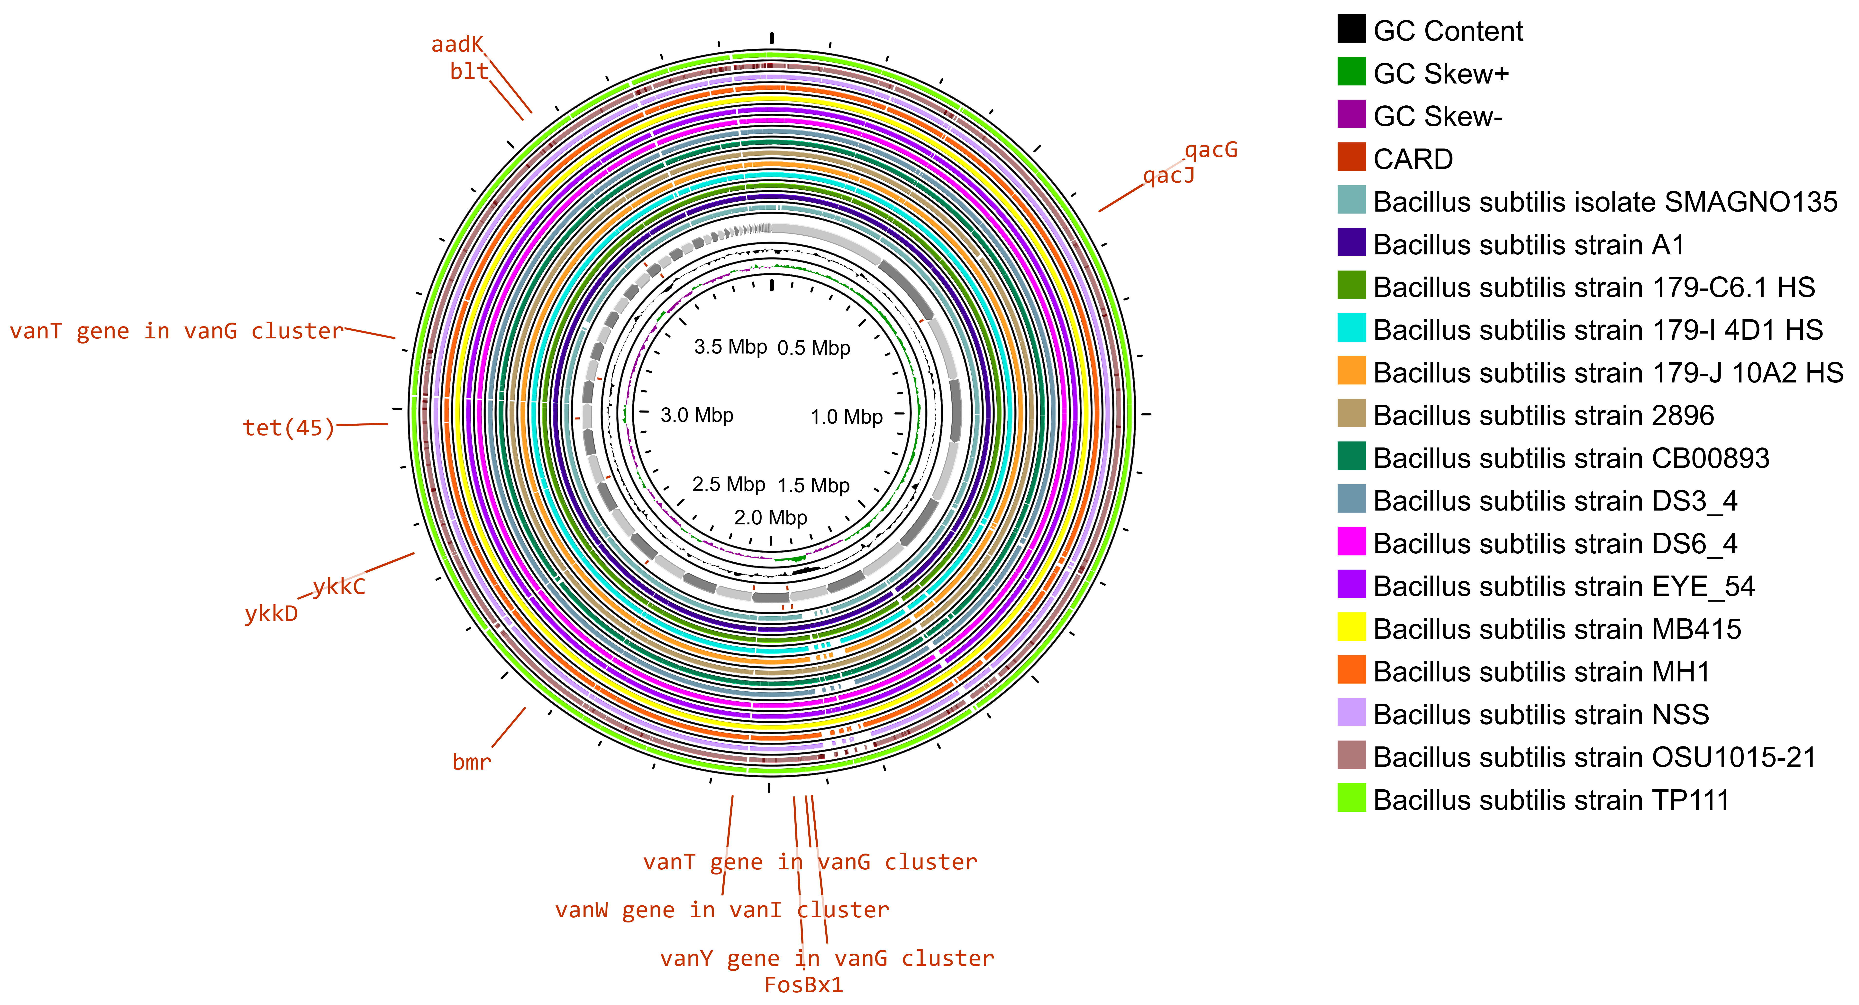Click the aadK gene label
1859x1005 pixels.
(x=457, y=45)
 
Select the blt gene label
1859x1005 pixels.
(x=469, y=72)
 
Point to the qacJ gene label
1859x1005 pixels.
(x=1168, y=176)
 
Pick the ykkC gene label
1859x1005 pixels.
(x=339, y=586)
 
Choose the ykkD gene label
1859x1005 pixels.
(x=271, y=614)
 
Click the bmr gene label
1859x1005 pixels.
(x=471, y=762)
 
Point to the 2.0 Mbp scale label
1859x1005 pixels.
(x=770, y=518)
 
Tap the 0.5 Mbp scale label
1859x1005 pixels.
(x=813, y=348)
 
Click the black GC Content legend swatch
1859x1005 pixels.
(x=1351, y=29)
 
